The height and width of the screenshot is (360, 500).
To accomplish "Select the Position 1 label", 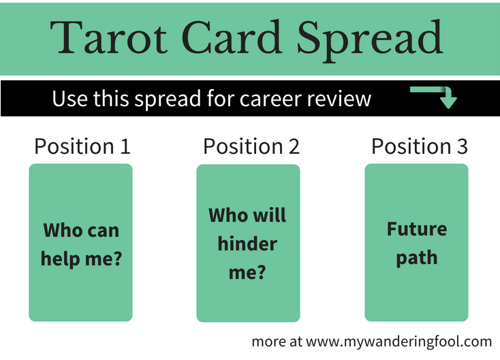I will click(x=82, y=146).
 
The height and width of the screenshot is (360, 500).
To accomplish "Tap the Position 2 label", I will click(x=251, y=146).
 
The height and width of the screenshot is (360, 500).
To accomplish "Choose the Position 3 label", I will click(x=419, y=146).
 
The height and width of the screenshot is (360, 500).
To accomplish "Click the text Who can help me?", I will click(x=81, y=244).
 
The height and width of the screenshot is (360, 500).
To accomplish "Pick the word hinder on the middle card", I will click(x=247, y=244).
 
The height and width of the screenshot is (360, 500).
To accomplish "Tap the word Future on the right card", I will click(x=416, y=229).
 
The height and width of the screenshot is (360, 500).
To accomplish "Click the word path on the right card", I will click(x=416, y=258).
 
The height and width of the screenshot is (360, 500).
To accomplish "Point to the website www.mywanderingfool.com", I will click(x=399, y=341).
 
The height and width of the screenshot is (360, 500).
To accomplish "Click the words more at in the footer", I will click(x=277, y=341).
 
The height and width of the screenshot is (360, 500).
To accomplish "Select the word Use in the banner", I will click(x=66, y=99).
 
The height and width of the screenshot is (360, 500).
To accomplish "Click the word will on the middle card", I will click(x=268, y=216).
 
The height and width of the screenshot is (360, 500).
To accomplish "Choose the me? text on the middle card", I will click(x=247, y=273).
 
